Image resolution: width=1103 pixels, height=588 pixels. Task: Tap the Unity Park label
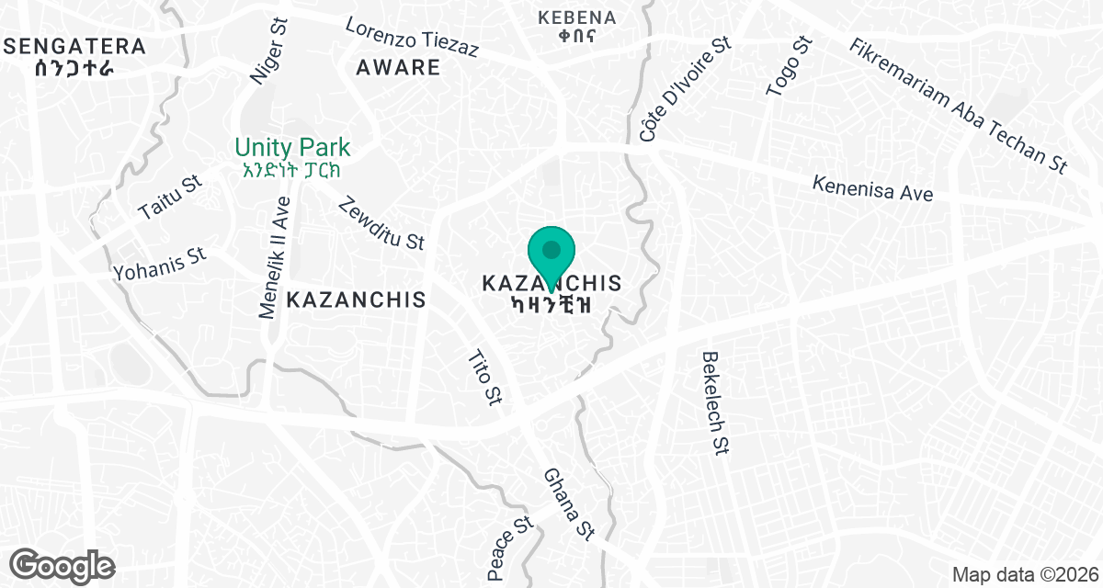click(x=292, y=147)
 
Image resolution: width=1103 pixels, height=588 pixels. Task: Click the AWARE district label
click(x=398, y=67)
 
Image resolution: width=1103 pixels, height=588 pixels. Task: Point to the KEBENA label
click(x=576, y=17)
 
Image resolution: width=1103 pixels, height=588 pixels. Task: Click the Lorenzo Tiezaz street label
click(x=412, y=38)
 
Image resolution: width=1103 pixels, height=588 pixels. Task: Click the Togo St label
click(x=789, y=66)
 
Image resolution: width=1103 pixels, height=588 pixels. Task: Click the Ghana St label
click(x=568, y=503)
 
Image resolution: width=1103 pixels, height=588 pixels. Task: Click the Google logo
click(x=63, y=564)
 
